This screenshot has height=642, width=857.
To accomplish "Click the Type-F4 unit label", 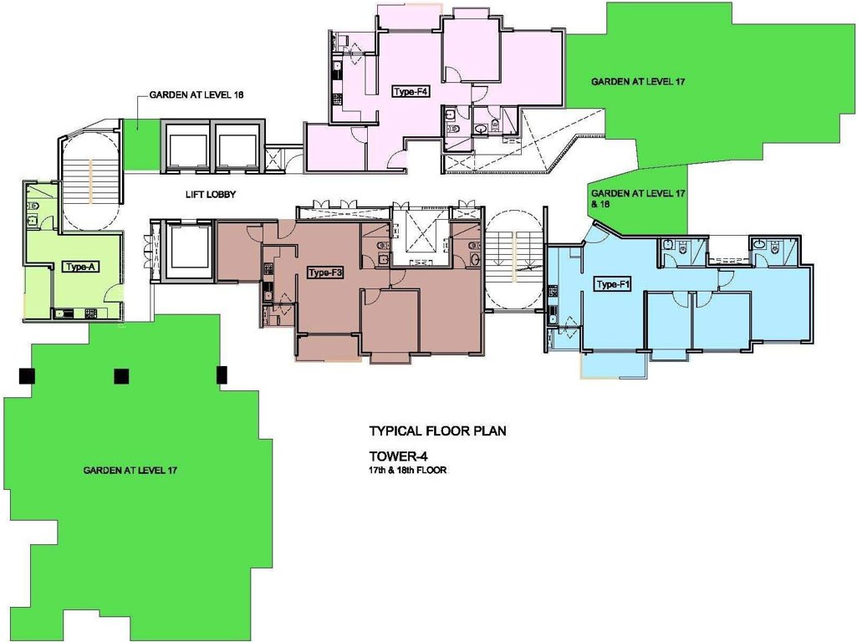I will point(411,92).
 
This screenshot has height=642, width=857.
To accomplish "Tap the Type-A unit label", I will point(81,267).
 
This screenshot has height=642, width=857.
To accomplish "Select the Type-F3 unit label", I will point(325,273).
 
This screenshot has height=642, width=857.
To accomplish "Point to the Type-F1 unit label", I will point(613,285).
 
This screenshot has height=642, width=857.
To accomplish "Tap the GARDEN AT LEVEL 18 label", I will point(196,95).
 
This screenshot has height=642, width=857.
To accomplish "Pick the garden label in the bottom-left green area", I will point(130,471).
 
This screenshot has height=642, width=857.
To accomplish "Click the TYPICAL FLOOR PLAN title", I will point(437,432).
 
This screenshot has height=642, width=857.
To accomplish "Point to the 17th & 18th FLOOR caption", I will point(407,471).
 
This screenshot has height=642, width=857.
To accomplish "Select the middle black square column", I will point(121,375).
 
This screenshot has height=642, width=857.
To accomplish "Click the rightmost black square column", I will point(222,374).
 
